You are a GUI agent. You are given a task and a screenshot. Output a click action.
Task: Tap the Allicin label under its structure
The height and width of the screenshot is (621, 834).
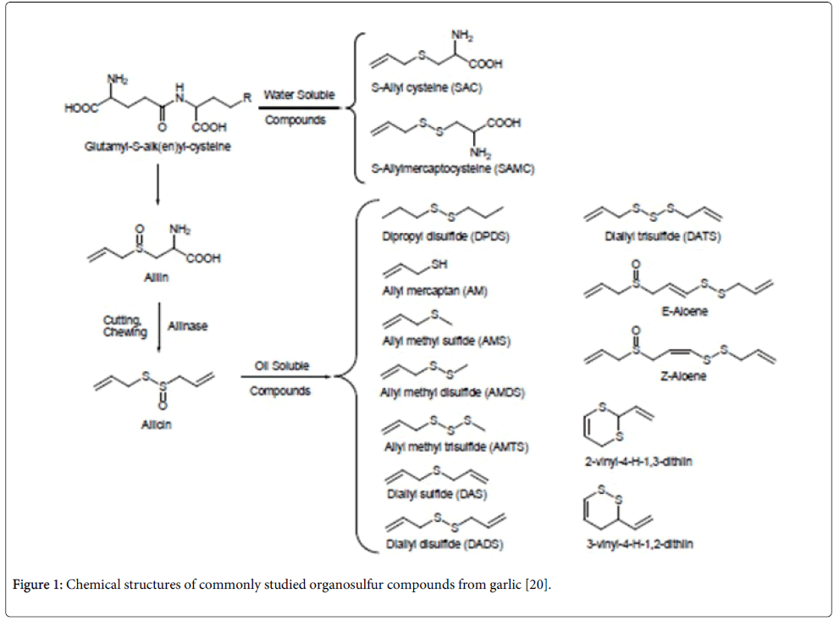156,424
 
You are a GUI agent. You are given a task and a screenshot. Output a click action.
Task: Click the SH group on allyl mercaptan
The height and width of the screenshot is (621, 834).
439,265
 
